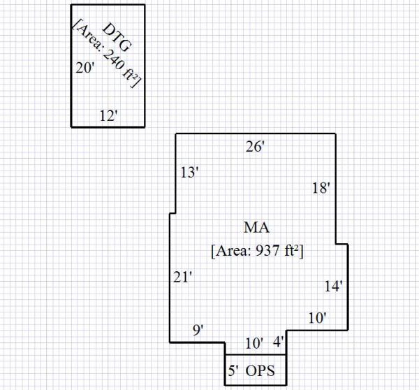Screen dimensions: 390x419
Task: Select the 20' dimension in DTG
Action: point(84,68)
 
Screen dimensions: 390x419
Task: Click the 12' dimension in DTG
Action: point(108,116)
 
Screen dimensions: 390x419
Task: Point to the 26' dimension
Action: point(254,146)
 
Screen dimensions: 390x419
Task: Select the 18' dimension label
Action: point(321,187)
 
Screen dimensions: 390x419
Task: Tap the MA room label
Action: point(256,227)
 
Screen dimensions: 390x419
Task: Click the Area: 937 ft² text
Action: point(256,250)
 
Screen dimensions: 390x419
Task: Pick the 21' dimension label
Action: point(183,277)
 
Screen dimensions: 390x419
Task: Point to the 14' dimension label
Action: point(332,285)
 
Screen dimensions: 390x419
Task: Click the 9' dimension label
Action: point(198,330)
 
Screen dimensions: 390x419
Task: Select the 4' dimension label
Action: point(278,342)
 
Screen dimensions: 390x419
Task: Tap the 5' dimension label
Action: point(233,370)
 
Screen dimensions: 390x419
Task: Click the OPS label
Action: point(261,370)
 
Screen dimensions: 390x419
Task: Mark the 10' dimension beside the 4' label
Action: point(254,342)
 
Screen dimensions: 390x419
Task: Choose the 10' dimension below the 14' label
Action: point(317,317)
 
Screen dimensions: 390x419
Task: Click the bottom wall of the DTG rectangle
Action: point(108,127)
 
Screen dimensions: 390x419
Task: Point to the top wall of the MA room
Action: point(254,133)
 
